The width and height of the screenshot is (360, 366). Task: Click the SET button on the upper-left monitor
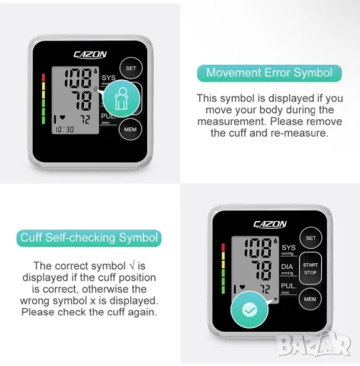131,68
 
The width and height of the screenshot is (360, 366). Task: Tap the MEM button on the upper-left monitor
130,130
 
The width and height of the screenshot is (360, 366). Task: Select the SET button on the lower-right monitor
310,238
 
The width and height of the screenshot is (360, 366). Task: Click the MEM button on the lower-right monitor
310,299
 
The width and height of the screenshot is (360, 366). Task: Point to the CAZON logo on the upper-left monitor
90,54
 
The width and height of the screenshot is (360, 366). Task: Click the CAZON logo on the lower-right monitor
270,224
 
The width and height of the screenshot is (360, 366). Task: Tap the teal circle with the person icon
121,98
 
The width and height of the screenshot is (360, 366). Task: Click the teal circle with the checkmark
249,310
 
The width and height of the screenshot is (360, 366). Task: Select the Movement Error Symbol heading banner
269,73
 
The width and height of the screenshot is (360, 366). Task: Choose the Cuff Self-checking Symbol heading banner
89,238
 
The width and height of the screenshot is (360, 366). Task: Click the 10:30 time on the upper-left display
65,130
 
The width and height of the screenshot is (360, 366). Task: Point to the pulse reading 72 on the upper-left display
85,120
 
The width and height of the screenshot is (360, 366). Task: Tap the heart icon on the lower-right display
243,287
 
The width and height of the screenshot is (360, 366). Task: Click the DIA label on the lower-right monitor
287,267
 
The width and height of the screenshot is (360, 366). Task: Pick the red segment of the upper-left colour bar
43,78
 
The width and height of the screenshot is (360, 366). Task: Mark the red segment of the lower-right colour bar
223,247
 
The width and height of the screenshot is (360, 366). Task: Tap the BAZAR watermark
314,344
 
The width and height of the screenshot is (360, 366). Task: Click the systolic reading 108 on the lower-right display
258,248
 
